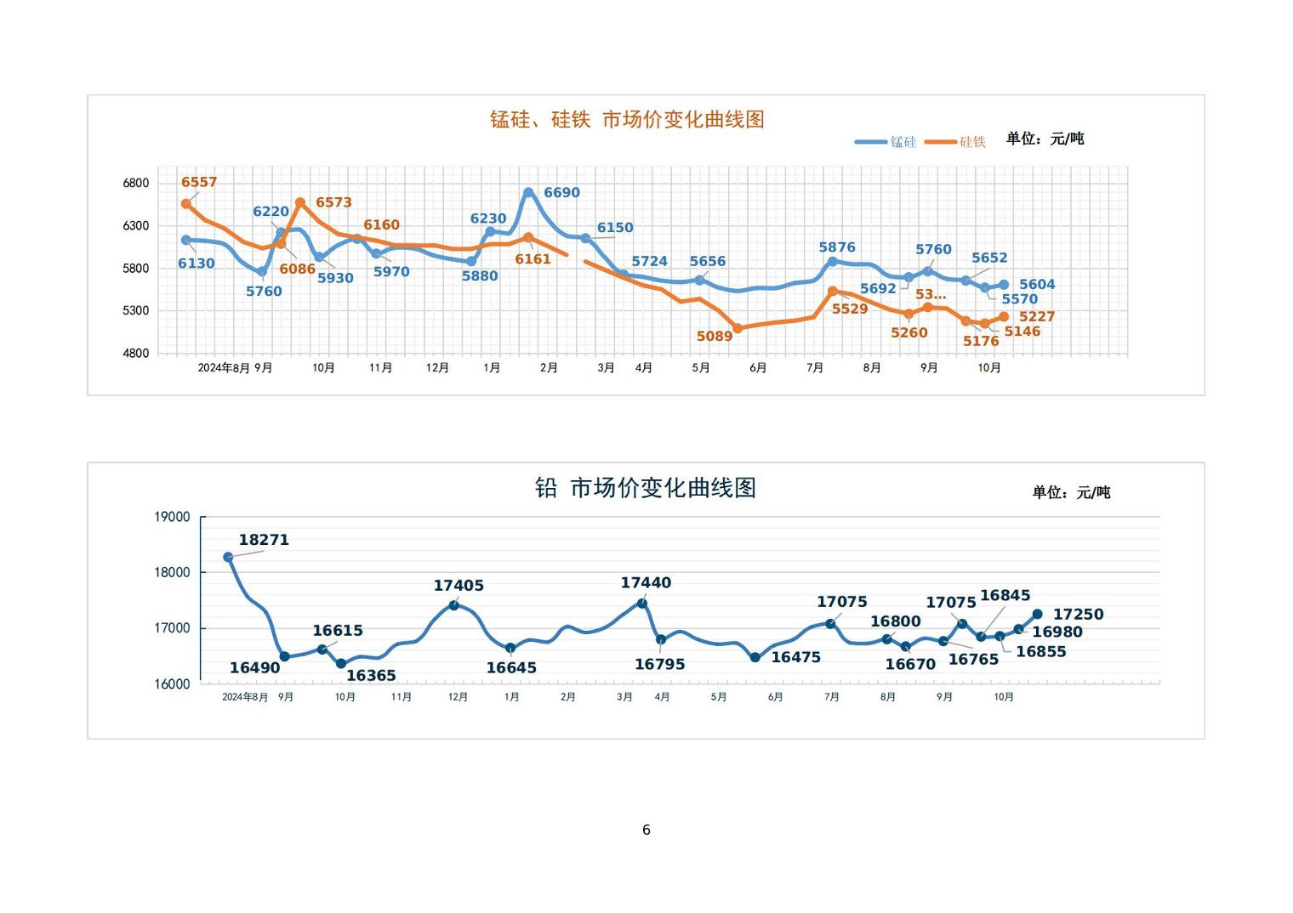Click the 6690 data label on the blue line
[x=561, y=193]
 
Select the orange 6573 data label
[x=333, y=202]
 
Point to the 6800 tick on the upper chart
[x=136, y=183]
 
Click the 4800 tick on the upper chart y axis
[x=136, y=353]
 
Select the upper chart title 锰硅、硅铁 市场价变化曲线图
[x=627, y=120]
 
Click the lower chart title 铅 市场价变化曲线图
[x=645, y=488]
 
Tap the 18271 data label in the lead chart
[x=264, y=540]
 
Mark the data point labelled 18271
[x=228, y=558]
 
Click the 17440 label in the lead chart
[x=646, y=583]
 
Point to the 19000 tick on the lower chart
[x=172, y=517]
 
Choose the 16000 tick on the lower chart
[x=172, y=684]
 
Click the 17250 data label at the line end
[x=1078, y=615]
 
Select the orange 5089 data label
[x=714, y=337]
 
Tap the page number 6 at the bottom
[x=646, y=830]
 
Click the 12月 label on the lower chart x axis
[x=458, y=697]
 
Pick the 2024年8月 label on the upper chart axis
[x=224, y=368]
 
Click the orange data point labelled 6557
[x=186, y=204]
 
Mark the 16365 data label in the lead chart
[x=371, y=676]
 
